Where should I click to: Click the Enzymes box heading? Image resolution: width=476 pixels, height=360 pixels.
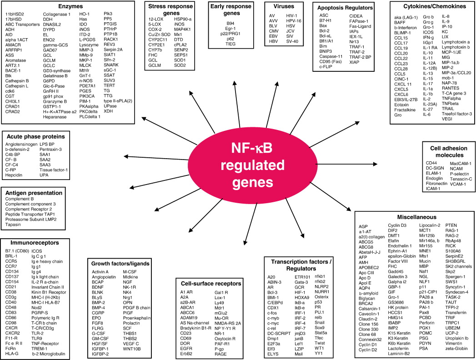(x=70, y=6)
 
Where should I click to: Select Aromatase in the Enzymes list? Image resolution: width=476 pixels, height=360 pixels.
(x=15, y=60)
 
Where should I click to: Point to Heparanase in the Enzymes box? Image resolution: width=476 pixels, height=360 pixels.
(x=55, y=117)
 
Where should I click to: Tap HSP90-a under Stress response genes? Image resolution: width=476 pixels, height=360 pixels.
(x=183, y=19)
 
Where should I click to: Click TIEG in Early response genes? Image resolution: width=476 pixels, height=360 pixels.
(x=230, y=44)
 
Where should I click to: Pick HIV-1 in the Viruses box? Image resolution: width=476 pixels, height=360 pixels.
(x=292, y=15)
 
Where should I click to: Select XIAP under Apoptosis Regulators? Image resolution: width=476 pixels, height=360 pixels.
(x=354, y=62)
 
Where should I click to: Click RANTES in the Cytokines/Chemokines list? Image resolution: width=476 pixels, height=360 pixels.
(x=451, y=88)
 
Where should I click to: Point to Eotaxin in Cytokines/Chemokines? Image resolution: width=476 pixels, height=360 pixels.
(x=401, y=105)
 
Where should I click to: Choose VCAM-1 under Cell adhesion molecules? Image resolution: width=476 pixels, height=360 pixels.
(x=458, y=184)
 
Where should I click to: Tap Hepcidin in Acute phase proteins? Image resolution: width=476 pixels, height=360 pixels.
(x=14, y=175)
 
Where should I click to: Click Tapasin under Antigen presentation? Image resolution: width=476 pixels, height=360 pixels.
(x=13, y=225)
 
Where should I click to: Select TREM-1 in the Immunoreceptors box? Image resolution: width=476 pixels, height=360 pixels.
(x=40, y=349)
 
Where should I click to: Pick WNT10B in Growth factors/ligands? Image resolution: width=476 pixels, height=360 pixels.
(x=132, y=349)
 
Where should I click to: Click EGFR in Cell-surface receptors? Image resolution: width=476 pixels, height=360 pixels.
(x=186, y=349)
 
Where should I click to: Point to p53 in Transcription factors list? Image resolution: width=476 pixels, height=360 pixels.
(x=318, y=302)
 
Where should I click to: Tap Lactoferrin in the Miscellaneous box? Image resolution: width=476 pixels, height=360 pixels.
(x=398, y=349)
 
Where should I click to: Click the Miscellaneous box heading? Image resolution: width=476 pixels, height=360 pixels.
(x=417, y=217)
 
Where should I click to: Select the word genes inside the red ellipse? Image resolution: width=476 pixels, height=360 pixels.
(x=253, y=183)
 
